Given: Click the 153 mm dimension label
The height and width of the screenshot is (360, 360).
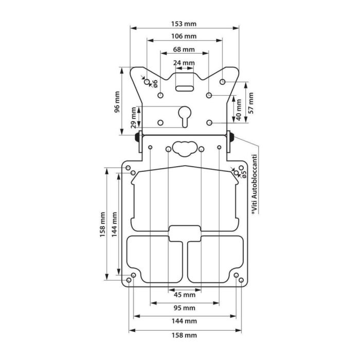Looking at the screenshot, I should pyautogui.click(x=184, y=24).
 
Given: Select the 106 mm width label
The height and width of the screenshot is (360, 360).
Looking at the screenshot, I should pyautogui.click(x=184, y=37).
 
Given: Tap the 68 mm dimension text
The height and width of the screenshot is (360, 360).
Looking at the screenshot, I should pyautogui.click(x=184, y=49).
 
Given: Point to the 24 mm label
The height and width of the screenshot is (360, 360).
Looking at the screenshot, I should pyautogui.click(x=184, y=63).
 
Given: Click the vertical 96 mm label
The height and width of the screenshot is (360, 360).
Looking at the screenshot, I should pyautogui.click(x=117, y=102).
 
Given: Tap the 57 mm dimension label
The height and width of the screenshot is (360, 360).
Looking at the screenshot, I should pyautogui.click(x=251, y=103).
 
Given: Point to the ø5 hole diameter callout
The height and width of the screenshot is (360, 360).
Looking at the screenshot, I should pyautogui.click(x=244, y=172).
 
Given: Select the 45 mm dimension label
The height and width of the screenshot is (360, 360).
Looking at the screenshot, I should pyautogui.click(x=184, y=295).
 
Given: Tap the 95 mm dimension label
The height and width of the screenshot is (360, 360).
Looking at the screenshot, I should pyautogui.click(x=184, y=308).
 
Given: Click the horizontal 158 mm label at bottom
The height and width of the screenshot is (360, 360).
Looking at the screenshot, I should pyautogui.click(x=184, y=335).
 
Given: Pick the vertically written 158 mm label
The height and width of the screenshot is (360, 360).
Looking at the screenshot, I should pyautogui.click(x=103, y=224).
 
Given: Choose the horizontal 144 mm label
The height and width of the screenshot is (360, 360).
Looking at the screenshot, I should pyautogui.click(x=184, y=321).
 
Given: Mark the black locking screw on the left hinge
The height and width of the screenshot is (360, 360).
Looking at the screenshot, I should pyautogui.click(x=138, y=137).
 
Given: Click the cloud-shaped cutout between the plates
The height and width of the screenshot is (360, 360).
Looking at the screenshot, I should pyautogui.click(x=184, y=148).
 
